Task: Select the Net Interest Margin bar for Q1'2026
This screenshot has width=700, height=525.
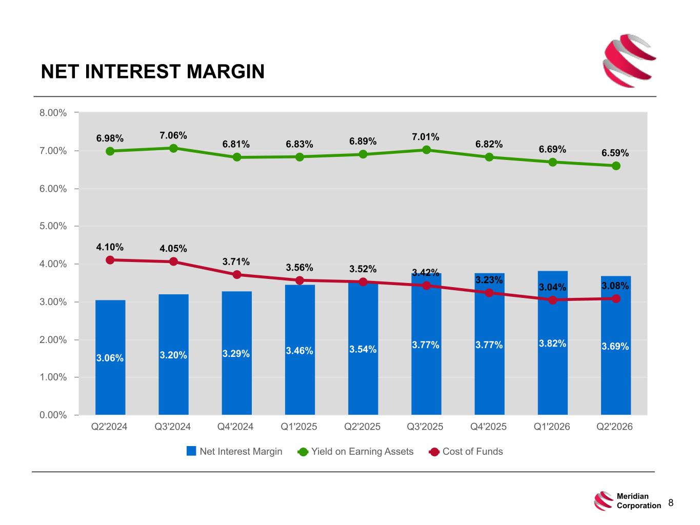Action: pyautogui.click(x=552, y=342)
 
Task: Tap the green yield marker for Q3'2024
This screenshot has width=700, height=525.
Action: pyautogui.click(x=173, y=148)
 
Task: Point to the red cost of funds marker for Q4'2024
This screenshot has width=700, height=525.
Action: pyautogui.click(x=236, y=274)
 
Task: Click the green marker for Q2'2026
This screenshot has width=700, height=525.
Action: pyautogui.click(x=616, y=166)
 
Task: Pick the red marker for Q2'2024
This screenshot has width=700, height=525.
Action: pyautogui.click(x=110, y=260)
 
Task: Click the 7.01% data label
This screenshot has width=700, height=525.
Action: pyautogui.click(x=426, y=137)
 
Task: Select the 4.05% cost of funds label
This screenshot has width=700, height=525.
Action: pyautogui.click(x=173, y=249)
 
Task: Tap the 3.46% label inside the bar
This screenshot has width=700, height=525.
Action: pyautogui.click(x=299, y=351)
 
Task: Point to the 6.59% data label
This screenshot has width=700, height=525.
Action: pyautogui.click(x=615, y=153)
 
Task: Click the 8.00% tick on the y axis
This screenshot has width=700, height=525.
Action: pyautogui.click(x=53, y=113)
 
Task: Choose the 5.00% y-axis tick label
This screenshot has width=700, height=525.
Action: pyautogui.click(x=53, y=226)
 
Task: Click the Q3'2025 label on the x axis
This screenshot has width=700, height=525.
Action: pyautogui.click(x=425, y=427)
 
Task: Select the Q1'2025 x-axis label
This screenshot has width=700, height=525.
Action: pyautogui.click(x=298, y=427)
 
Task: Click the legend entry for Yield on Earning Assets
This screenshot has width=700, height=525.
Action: pyautogui.click(x=355, y=451)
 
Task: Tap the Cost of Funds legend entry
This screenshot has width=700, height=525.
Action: pyautogui.click(x=466, y=451)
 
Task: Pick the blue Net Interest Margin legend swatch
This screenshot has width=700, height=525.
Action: pyautogui.click(x=191, y=451)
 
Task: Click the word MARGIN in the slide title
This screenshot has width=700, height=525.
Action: pyautogui.click(x=226, y=71)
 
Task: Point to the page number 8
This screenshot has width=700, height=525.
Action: pyautogui.click(x=671, y=502)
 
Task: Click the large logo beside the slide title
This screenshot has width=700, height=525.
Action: pyautogui.click(x=629, y=60)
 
